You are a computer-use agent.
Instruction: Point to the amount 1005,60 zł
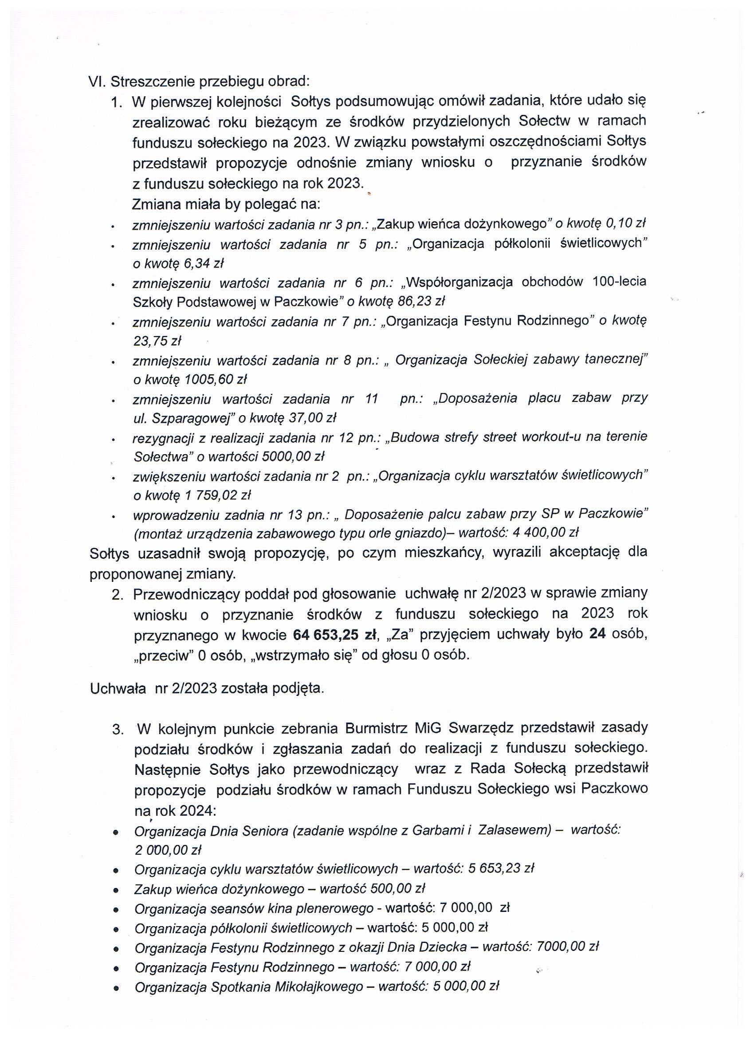(216, 380)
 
